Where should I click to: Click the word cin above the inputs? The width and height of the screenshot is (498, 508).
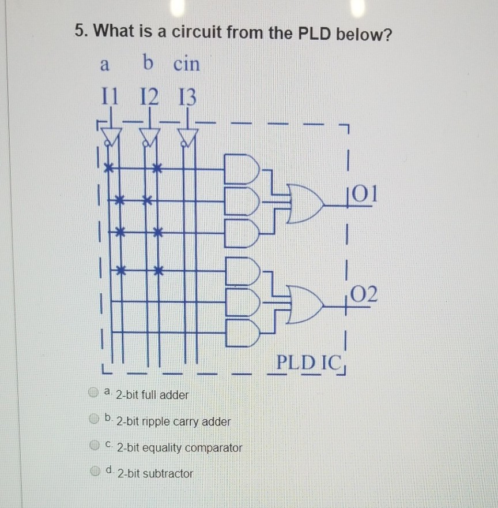tap(186, 65)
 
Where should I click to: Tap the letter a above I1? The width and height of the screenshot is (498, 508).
tap(104, 65)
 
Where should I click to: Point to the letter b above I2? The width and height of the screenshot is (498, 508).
tap(149, 63)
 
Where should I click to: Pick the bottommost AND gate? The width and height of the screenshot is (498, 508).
tap(239, 332)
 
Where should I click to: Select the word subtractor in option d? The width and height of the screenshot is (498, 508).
tap(169, 474)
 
